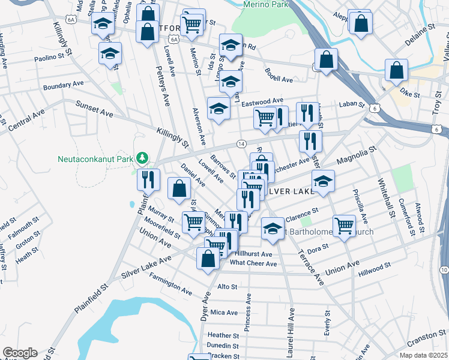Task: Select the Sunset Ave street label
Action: pyautogui.click(x=94, y=109)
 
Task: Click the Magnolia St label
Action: pyautogui.click(x=356, y=156)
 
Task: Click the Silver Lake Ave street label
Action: pyautogui.click(x=147, y=265)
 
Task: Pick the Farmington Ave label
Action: pyautogui.click(x=171, y=286)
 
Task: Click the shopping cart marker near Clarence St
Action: pyautogui.click(x=344, y=226)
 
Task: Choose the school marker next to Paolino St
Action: pyautogui.click(x=110, y=53)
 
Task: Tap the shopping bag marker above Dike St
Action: pyautogui.click(x=397, y=70)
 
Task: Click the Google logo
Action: pyautogui.click(x=20, y=353)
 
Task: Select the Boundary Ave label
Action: pyautogui.click(x=64, y=85)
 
